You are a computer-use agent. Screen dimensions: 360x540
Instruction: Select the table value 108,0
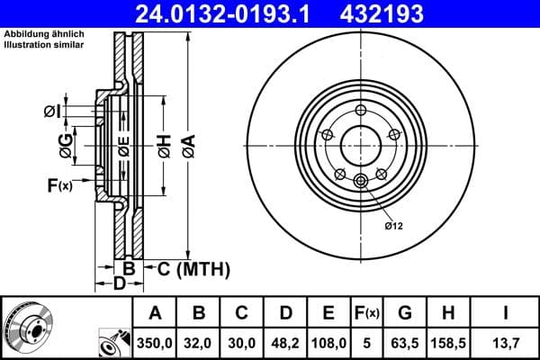pos(329,341)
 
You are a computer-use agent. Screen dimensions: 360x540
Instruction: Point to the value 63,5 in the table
pos(406,341)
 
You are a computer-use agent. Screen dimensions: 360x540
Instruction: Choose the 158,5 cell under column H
pos(449,341)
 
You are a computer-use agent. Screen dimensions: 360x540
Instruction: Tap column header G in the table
pos(406,313)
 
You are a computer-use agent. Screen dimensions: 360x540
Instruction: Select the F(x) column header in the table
pos(368,313)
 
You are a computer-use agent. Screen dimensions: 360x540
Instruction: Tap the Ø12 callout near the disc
pos(393,225)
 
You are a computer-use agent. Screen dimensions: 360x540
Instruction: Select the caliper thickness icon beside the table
pos(114,342)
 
